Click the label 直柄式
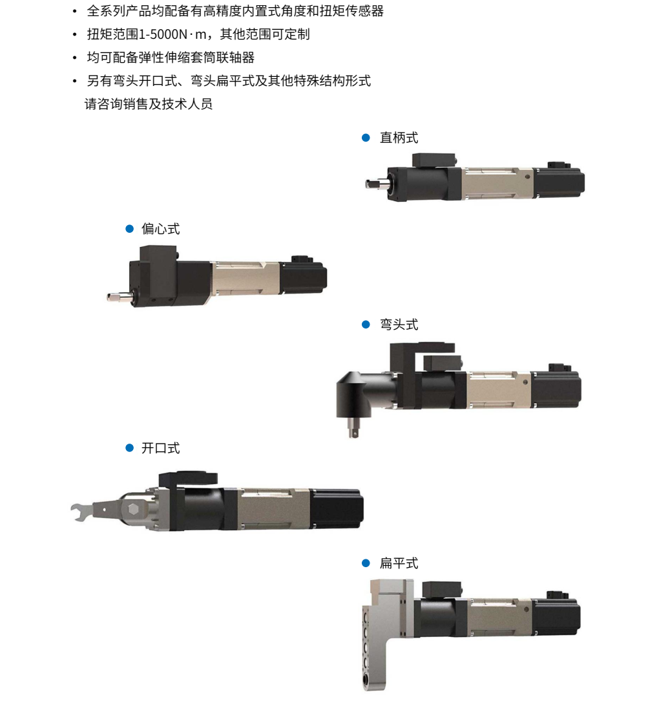click(x=399, y=138)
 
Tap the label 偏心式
click(x=160, y=229)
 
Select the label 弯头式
click(x=399, y=325)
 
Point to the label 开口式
click(x=160, y=448)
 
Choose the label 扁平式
click(x=399, y=563)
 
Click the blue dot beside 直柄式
click(x=366, y=138)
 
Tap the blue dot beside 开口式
click(x=130, y=448)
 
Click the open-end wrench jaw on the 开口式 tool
click(x=80, y=512)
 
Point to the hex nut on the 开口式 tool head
click(x=132, y=509)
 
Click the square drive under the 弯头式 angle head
click(x=353, y=428)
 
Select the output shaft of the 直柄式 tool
click(x=376, y=183)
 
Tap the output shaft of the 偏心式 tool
click(x=120, y=296)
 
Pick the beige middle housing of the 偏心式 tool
click(x=245, y=278)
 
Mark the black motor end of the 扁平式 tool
click(x=556, y=616)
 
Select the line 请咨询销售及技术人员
click(x=149, y=104)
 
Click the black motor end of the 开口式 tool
click(x=337, y=509)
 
